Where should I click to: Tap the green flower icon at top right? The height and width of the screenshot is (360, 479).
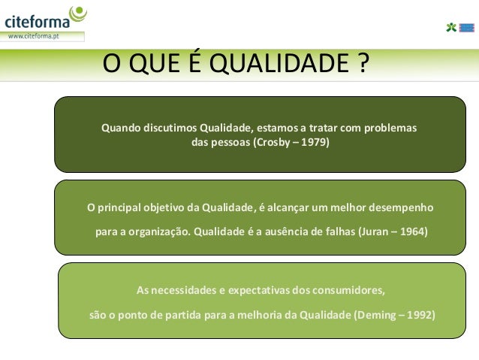pos(450,28)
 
